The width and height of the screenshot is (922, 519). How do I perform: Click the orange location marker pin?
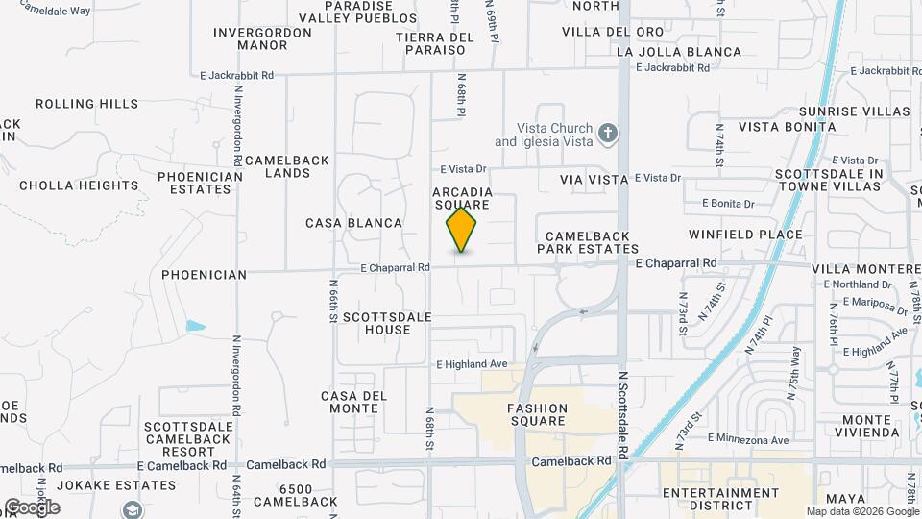[462, 230]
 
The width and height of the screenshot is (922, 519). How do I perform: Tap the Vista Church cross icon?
[607, 134]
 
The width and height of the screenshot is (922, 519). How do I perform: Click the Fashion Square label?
[538, 414]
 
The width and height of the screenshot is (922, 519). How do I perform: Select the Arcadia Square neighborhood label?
[463, 198]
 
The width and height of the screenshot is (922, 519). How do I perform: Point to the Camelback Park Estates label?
[587, 242]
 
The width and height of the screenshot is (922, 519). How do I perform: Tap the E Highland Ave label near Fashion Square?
[472, 364]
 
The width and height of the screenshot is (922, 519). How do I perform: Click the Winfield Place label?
[745, 234]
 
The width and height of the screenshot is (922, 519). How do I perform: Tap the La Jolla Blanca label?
[679, 52]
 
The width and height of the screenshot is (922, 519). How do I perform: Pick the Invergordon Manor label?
[262, 38]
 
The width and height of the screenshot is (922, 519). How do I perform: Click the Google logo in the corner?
[32, 507]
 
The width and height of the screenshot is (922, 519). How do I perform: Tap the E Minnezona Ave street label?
[748, 438]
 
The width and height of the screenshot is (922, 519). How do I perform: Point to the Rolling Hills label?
[80, 104]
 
